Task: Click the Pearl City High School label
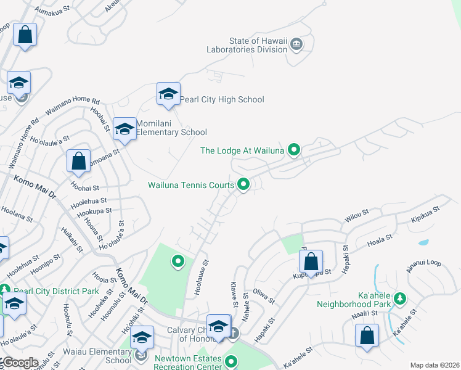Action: (221, 100)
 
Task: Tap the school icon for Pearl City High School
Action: (168, 94)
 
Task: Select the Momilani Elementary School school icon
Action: (124, 128)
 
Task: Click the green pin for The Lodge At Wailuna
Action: (295, 149)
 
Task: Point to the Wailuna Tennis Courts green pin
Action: (243, 184)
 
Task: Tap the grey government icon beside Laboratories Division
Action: (296, 44)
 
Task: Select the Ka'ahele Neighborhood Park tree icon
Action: (399, 299)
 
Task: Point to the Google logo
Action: (19, 363)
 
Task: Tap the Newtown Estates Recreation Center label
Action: (188, 363)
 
